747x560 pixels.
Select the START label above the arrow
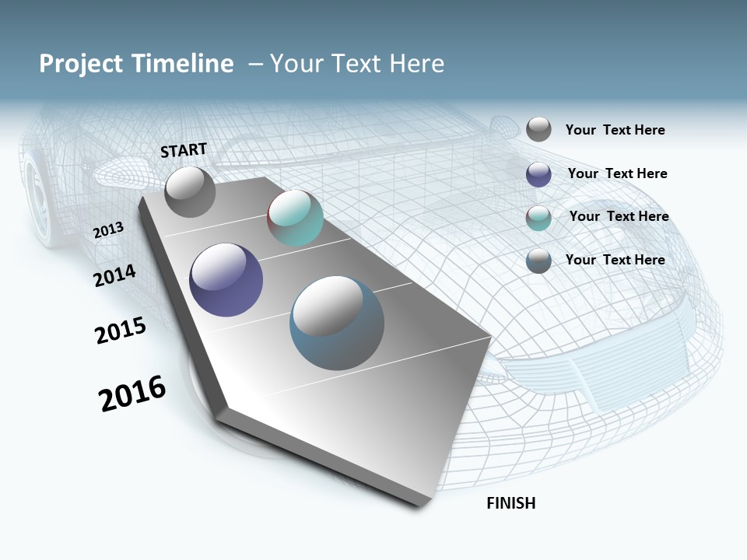(x=184, y=150)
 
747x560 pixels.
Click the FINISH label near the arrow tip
(x=511, y=503)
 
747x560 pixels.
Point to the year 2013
(x=108, y=230)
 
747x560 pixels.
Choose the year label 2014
(x=114, y=275)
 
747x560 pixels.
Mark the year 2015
(x=121, y=331)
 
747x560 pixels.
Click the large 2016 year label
(x=132, y=394)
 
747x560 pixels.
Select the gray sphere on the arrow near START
(x=191, y=192)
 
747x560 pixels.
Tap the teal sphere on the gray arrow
(x=295, y=218)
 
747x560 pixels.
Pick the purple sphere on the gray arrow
(x=226, y=280)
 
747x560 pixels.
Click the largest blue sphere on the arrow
(x=337, y=324)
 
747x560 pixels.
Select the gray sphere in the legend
(x=538, y=129)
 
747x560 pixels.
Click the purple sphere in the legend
(x=538, y=174)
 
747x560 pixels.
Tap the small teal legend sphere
(x=538, y=218)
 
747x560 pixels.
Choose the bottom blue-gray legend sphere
(x=538, y=261)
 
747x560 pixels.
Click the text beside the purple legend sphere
(x=617, y=173)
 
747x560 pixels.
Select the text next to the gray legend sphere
(x=615, y=130)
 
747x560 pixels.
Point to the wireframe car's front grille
(x=615, y=373)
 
